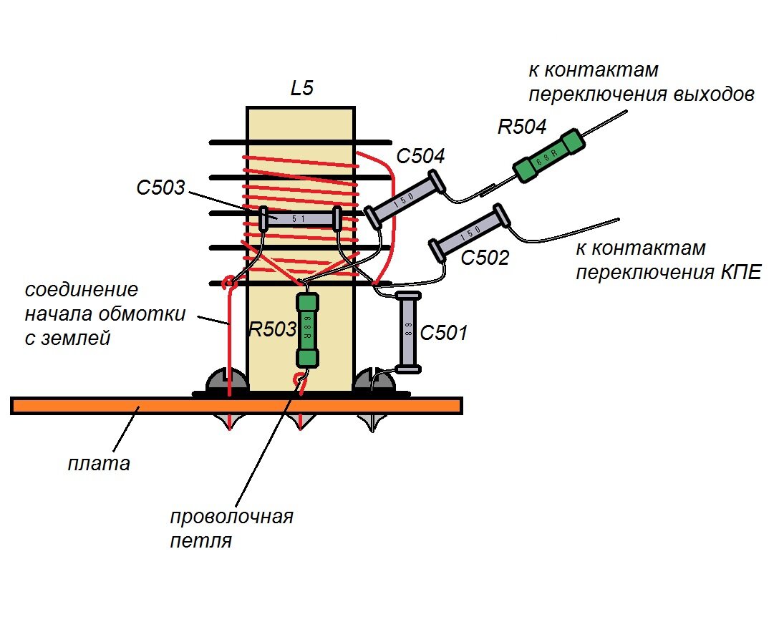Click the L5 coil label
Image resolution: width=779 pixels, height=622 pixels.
(x=301, y=89)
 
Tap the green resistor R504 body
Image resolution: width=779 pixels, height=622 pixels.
(x=548, y=157)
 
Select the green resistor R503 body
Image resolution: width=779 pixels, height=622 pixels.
(x=307, y=331)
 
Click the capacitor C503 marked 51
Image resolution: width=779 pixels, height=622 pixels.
(x=299, y=218)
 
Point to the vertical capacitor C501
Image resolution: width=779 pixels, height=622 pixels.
(x=409, y=331)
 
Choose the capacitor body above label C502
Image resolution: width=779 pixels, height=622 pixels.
(x=469, y=232)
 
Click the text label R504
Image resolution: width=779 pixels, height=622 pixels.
(x=522, y=127)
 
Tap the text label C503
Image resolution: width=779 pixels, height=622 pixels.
(x=160, y=188)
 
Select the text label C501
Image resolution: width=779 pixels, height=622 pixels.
(x=444, y=333)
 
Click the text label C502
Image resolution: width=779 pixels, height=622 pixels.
(x=485, y=258)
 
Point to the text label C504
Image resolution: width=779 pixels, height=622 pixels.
(x=420, y=156)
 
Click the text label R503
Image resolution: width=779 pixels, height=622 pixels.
(x=272, y=329)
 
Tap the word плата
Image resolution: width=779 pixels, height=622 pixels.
(x=99, y=464)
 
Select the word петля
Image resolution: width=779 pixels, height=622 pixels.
(x=201, y=540)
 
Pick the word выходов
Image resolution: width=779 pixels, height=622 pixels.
(x=715, y=94)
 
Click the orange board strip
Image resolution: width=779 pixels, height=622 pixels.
(x=236, y=406)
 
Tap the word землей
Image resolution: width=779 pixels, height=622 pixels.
(x=75, y=339)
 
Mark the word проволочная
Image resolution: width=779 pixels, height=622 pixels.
(x=231, y=517)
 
